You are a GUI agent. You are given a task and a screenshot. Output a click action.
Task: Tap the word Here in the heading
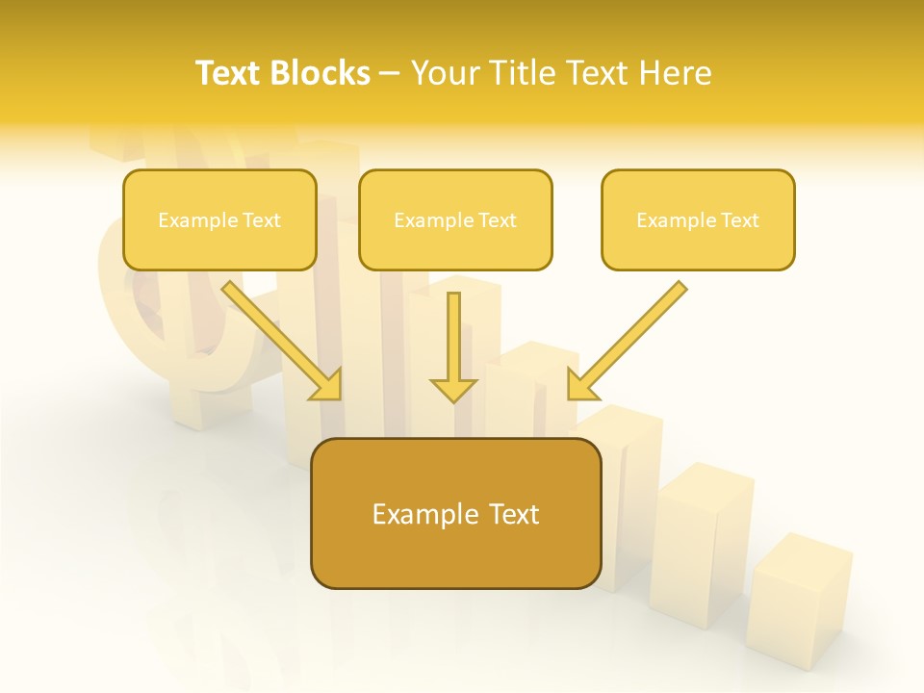[x=676, y=73]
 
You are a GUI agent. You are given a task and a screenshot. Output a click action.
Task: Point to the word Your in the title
[x=445, y=73]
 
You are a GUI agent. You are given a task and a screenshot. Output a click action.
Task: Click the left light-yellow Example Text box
[x=219, y=219]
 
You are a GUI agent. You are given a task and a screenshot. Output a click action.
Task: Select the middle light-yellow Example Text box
[x=455, y=219]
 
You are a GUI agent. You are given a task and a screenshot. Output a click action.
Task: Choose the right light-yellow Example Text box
[x=698, y=219]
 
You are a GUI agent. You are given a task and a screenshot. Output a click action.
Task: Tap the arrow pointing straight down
[x=453, y=346]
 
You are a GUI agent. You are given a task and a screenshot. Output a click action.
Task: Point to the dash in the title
[x=391, y=74]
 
